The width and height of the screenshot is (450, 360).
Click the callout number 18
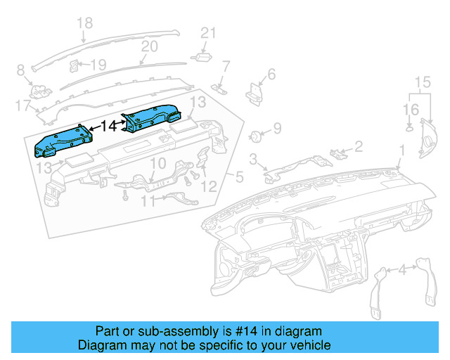84,23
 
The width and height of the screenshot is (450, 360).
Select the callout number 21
207,32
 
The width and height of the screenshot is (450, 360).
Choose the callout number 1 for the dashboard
401,150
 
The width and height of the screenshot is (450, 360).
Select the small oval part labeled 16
409,128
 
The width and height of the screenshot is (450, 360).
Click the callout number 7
226,67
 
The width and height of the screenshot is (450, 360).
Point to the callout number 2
358,146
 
